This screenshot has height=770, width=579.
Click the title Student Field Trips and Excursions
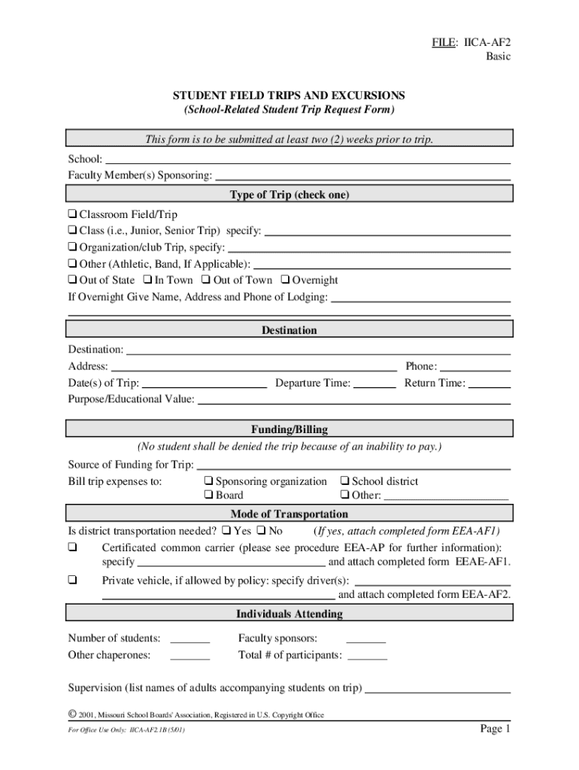click(289, 95)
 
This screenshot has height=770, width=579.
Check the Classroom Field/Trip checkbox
click(73, 214)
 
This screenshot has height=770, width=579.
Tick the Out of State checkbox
click(73, 280)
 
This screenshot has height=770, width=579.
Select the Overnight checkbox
click(285, 280)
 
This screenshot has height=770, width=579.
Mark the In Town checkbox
click(148, 280)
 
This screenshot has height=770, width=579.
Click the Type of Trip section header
click(289, 195)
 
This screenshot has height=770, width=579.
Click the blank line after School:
click(308, 159)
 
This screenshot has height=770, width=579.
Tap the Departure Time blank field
click(374, 383)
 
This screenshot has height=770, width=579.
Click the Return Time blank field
click(490, 383)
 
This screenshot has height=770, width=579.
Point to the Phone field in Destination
click(475, 367)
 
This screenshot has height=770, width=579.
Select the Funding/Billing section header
click(289, 429)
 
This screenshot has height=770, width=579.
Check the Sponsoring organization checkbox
click(208, 481)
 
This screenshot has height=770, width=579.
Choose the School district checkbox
click(344, 481)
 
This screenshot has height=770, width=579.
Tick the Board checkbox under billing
click(208, 496)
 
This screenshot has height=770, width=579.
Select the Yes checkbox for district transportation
click(226, 531)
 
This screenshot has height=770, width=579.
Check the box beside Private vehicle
click(73, 580)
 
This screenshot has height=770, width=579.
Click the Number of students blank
click(189, 639)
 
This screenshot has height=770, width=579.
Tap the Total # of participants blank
click(368, 656)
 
